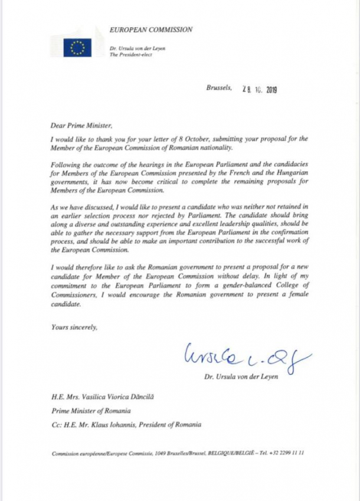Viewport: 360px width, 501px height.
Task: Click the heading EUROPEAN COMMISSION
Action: point(150,29)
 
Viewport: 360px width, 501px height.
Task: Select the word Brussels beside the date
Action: point(219,88)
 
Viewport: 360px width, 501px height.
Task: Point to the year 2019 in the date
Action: point(271,90)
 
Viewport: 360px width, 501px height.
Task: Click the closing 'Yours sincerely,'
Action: point(74,327)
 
